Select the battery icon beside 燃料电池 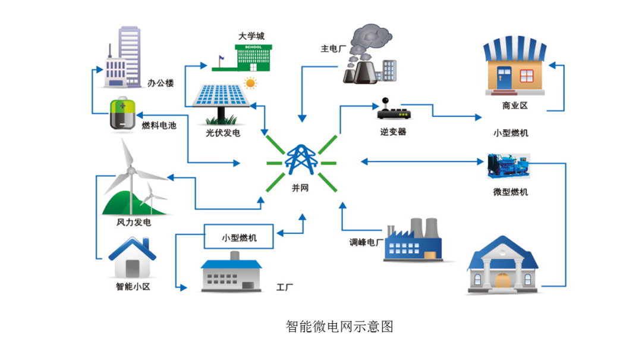pyautogui.click(x=123, y=114)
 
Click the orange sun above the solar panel pyautogui.click(x=250, y=83)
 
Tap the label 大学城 pyautogui.click(x=251, y=36)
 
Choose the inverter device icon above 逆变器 pyautogui.click(x=393, y=112)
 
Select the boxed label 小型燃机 pyautogui.click(x=239, y=237)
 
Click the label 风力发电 pyautogui.click(x=133, y=223)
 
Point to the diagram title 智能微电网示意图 pyautogui.click(x=339, y=326)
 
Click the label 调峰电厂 pyautogui.click(x=366, y=243)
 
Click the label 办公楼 pyautogui.click(x=160, y=83)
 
